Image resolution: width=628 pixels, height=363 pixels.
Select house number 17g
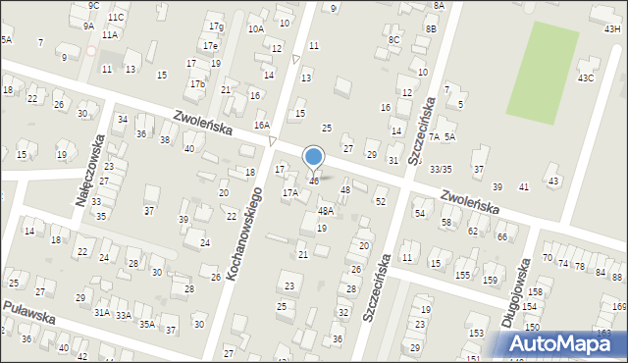click(x=216, y=26)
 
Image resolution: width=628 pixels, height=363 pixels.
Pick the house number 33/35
click(x=441, y=170)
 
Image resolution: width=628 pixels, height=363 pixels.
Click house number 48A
click(x=326, y=211)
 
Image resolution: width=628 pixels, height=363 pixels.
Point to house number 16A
click(x=262, y=126)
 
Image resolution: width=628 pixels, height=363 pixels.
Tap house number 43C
click(x=586, y=78)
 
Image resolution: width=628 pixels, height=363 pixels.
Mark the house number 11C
click(x=116, y=18)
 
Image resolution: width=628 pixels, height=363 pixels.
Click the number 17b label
click(x=197, y=84)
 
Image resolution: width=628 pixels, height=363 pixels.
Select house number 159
click(x=489, y=281)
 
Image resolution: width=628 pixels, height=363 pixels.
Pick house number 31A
click(x=101, y=312)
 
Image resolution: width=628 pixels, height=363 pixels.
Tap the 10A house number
click(x=256, y=29)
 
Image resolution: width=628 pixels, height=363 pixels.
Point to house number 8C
click(x=393, y=39)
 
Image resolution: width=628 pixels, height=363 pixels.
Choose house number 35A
click(x=146, y=324)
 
